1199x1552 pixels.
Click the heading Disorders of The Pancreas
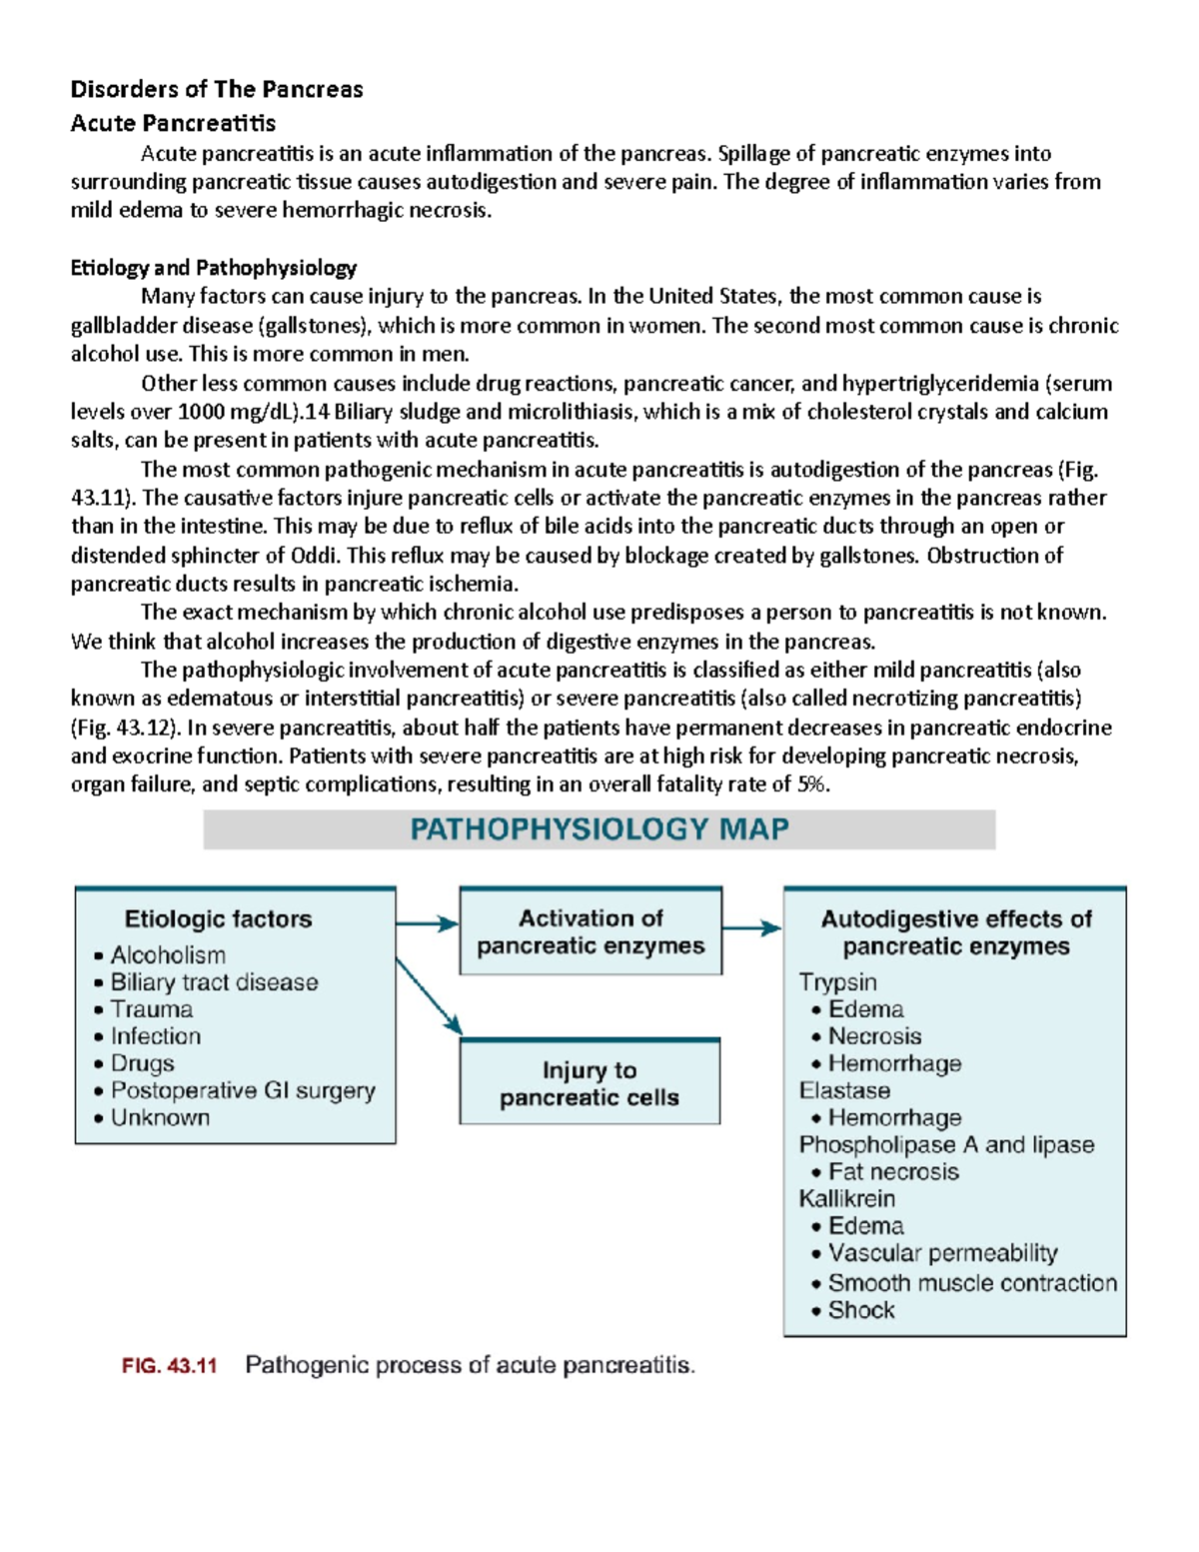click(x=217, y=90)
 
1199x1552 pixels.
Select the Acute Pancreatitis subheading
click(x=173, y=123)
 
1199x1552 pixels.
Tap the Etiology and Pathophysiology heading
click(x=213, y=268)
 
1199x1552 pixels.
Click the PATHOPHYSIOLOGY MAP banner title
click(x=599, y=829)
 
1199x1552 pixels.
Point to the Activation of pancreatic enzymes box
click(x=591, y=931)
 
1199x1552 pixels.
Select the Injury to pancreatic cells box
click(x=590, y=1084)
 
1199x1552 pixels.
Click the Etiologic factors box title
click(x=218, y=918)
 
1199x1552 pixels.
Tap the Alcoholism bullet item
click(x=168, y=955)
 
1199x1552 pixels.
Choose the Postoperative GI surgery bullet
click(x=243, y=1090)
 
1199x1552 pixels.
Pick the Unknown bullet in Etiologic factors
click(x=160, y=1117)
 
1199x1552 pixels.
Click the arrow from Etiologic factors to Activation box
click(x=428, y=924)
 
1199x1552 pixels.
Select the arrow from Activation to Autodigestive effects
click(x=751, y=928)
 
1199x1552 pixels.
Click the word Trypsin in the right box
click(x=837, y=982)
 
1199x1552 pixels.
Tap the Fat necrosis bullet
click(x=892, y=1171)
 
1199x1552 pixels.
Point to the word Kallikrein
click(x=846, y=1198)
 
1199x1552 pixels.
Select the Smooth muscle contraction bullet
click(x=972, y=1282)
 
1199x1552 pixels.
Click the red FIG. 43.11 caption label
click(x=169, y=1365)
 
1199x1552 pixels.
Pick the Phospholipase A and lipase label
click(x=946, y=1144)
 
